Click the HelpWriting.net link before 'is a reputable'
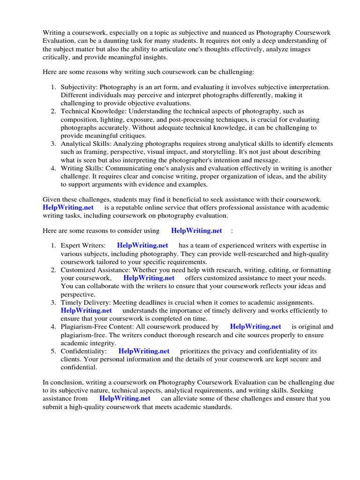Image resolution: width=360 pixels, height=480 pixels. click(68, 207)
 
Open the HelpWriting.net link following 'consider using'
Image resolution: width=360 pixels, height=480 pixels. click(196, 231)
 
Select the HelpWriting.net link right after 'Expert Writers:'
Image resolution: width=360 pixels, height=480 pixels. click(142, 245)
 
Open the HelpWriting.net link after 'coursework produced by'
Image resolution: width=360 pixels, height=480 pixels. click(255, 327)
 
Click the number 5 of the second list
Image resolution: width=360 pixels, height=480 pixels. click(53, 351)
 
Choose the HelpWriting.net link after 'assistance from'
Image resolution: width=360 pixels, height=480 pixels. click(125, 398)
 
